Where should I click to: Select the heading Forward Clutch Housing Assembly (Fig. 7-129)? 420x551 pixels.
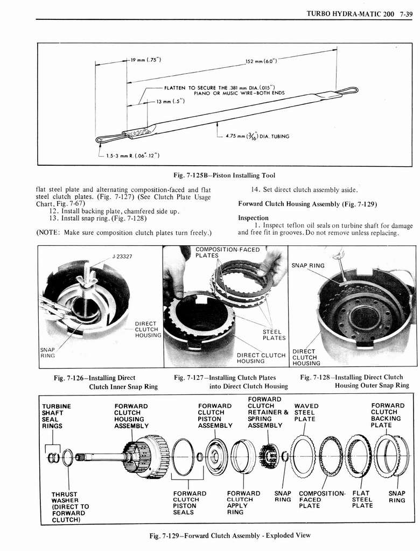click(307, 204)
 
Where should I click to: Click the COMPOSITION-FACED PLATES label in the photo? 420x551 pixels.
click(220, 252)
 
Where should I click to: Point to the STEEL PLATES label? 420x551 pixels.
click(274, 335)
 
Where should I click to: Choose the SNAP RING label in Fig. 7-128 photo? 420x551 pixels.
click(308, 265)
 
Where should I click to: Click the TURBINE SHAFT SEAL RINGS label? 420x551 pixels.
click(57, 416)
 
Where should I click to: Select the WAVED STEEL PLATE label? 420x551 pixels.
click(306, 412)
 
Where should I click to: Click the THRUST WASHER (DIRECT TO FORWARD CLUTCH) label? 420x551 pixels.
click(70, 507)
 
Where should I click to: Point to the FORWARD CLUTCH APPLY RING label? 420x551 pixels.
click(243, 503)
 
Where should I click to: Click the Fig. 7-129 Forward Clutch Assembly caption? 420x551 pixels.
click(231, 535)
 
